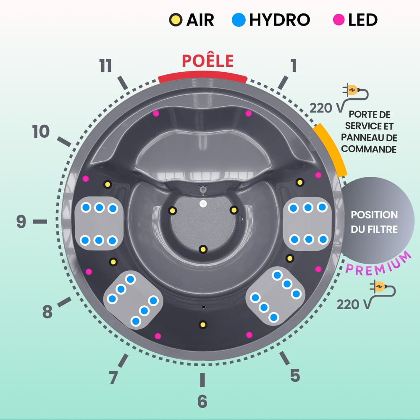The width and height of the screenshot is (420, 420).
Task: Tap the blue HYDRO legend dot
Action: (x=239, y=19)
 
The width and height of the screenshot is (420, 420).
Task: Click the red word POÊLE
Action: (x=207, y=61)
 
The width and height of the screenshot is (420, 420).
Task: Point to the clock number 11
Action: (x=105, y=66)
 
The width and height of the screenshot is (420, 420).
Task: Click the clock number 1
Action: (x=294, y=66)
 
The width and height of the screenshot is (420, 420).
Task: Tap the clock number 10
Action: (x=41, y=132)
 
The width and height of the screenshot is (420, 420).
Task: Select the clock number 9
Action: (x=21, y=221)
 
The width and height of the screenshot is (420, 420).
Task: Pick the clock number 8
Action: (x=47, y=312)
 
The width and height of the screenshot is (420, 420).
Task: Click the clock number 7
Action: (x=113, y=377)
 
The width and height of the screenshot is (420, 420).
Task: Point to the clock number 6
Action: (x=202, y=402)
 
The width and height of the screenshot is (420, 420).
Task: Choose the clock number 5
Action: (x=295, y=375)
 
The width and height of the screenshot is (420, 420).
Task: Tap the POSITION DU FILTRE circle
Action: (x=374, y=221)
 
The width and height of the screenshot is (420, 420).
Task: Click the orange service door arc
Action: (x=331, y=149)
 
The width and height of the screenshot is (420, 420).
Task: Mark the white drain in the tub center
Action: (x=203, y=204)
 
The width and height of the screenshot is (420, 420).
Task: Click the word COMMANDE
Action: (x=369, y=149)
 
